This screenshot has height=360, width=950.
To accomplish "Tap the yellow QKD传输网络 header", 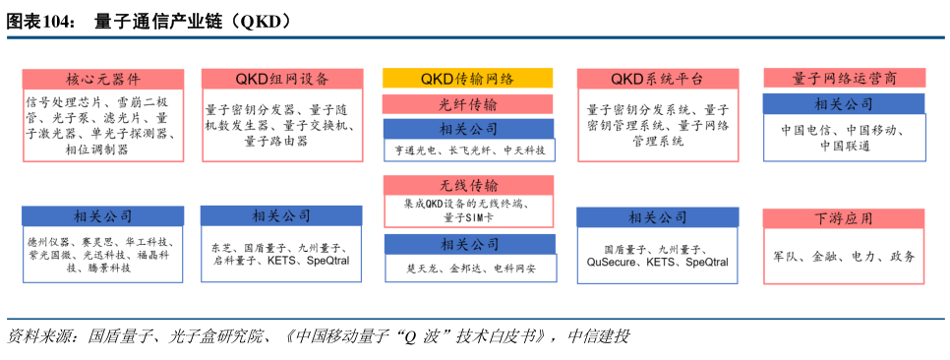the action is point(467,79).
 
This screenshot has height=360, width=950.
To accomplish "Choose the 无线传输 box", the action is point(467,186).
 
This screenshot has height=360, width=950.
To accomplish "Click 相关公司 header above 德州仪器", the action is point(103,216).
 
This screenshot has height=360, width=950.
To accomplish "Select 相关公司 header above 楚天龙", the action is point(467,244).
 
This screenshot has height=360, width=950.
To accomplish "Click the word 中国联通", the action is point(845,146).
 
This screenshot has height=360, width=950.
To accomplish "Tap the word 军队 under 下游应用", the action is point(788,257).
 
